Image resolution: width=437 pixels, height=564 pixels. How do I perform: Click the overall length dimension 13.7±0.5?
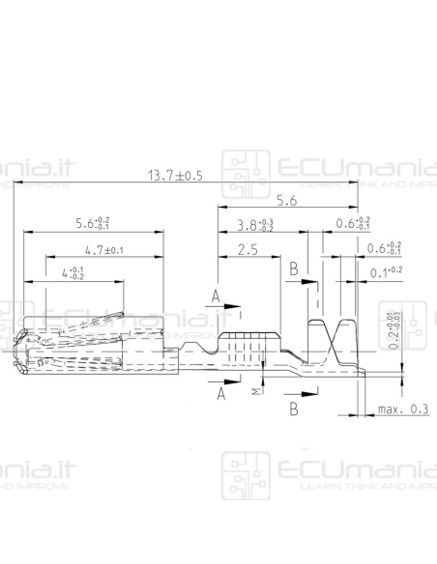[175, 176]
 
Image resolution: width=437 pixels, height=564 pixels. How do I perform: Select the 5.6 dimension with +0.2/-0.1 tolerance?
[93, 224]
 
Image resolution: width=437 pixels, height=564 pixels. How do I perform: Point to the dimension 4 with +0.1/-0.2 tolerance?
[73, 273]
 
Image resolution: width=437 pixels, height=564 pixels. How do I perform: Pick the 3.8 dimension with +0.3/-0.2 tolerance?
[255, 227]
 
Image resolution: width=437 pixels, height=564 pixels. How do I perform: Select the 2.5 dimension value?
[246, 250]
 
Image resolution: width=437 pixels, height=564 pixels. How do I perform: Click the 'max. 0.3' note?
[404, 409]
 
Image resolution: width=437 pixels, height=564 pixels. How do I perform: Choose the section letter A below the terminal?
[221, 394]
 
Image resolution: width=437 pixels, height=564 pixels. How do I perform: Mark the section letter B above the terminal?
[293, 269]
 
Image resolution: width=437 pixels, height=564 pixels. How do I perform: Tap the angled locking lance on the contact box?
[97, 320]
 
